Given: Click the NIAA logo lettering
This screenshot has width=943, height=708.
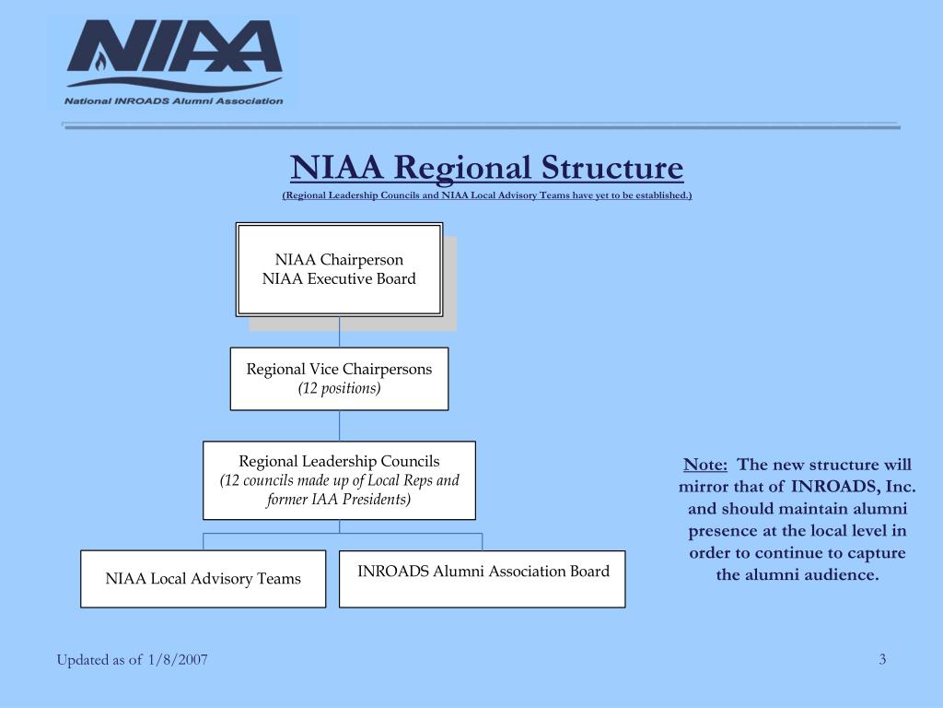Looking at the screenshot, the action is [x=174, y=46].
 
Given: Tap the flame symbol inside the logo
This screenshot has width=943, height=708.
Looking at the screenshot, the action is [x=100, y=60].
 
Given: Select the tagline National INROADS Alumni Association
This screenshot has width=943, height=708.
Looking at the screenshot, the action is [x=174, y=101].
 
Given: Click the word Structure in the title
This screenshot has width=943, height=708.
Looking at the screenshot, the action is [x=612, y=168].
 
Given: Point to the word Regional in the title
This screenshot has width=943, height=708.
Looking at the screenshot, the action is [x=462, y=169].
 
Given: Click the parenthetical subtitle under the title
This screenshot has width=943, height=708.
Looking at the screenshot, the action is [x=487, y=195].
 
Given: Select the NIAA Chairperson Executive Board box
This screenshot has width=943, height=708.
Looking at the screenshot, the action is [x=339, y=270].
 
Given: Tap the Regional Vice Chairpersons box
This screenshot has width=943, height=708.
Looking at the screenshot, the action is [x=339, y=379].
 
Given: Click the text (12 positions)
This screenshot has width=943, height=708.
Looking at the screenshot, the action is [x=339, y=388].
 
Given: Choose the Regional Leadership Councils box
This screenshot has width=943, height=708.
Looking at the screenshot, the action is [x=339, y=480].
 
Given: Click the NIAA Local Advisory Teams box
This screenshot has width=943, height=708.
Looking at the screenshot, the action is [x=204, y=579].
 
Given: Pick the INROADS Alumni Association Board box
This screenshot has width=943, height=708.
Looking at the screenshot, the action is [x=483, y=579].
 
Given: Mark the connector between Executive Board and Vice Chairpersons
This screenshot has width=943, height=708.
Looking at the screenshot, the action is [x=339, y=332].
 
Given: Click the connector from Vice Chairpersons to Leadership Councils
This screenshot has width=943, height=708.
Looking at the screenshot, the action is [x=339, y=426].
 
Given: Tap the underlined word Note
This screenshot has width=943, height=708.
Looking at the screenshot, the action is [x=704, y=465].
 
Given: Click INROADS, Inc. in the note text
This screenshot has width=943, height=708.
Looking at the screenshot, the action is [x=854, y=487].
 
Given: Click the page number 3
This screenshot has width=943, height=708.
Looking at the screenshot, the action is [x=882, y=659].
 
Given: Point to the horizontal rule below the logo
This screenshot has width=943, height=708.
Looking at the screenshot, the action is [x=481, y=125].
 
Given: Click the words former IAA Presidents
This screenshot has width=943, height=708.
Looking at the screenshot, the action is [x=337, y=500].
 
